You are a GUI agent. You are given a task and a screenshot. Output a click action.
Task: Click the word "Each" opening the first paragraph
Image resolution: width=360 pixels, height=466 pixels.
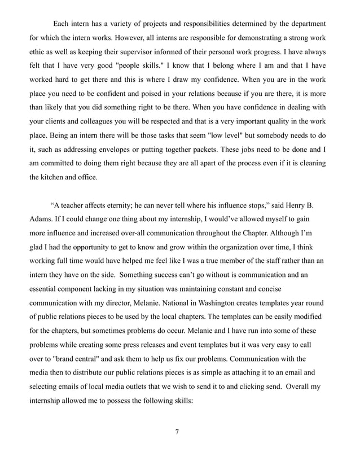[x=62, y=23]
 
